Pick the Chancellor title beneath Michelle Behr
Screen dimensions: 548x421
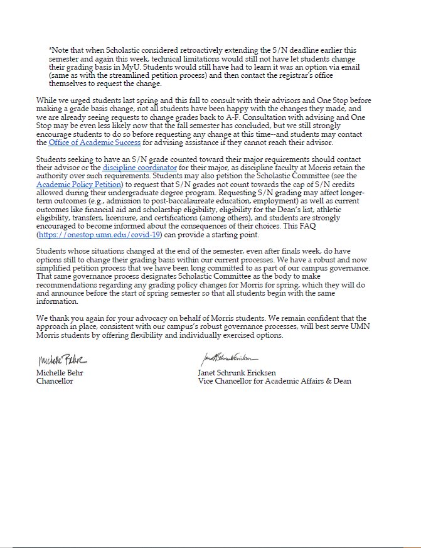click(55, 380)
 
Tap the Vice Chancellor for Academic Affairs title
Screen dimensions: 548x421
click(275, 380)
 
